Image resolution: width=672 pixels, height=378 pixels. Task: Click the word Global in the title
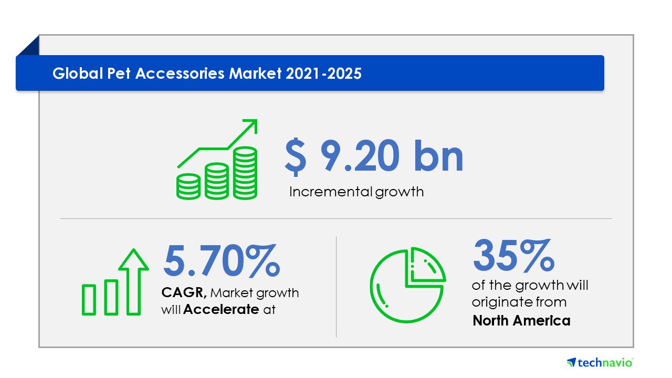pyautogui.click(x=78, y=73)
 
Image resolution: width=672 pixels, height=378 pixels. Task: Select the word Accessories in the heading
pyautogui.click(x=180, y=74)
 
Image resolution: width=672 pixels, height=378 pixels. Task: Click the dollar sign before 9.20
pyautogui.click(x=296, y=157)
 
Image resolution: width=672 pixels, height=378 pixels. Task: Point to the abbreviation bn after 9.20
pyautogui.click(x=438, y=156)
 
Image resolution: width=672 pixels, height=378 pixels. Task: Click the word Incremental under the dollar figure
pyautogui.click(x=331, y=192)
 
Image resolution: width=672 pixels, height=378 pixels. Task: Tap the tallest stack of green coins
pyautogui.click(x=245, y=173)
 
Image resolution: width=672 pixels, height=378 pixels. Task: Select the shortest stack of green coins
pyautogui.click(x=188, y=186)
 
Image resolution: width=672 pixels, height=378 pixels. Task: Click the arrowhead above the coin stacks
pyautogui.click(x=250, y=126)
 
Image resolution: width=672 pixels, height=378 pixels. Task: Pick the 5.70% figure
pyautogui.click(x=222, y=260)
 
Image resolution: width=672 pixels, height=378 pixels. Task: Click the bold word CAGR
pyautogui.click(x=184, y=292)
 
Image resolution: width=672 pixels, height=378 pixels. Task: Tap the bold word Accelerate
pyautogui.click(x=221, y=309)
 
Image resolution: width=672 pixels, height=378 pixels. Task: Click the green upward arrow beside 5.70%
pyautogui.click(x=133, y=282)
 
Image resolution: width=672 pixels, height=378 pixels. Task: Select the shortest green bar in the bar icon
pyautogui.click(x=89, y=300)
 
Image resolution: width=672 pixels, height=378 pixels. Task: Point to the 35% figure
pyautogui.click(x=513, y=255)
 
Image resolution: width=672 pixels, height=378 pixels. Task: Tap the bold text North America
pyautogui.click(x=521, y=321)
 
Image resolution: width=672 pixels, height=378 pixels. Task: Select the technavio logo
pyautogui.click(x=600, y=363)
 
